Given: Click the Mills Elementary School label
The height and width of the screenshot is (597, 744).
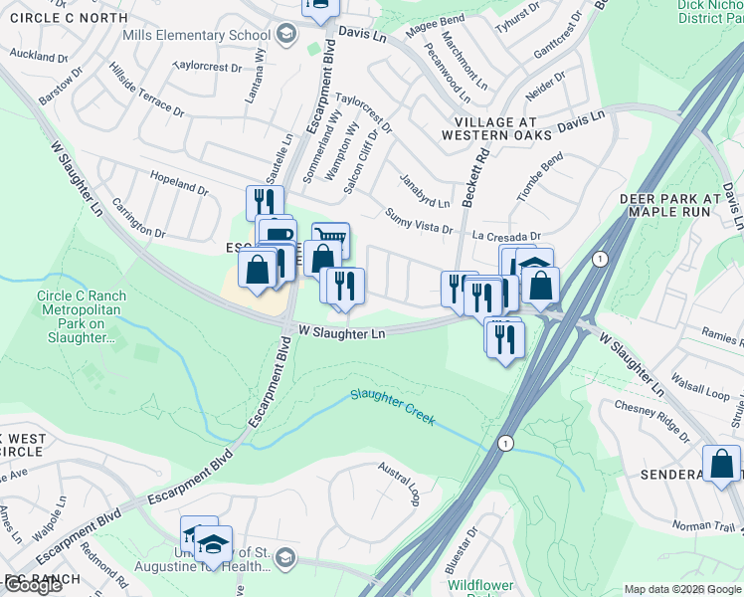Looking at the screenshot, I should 196,36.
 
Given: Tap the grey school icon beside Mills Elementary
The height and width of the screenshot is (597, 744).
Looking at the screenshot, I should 286,36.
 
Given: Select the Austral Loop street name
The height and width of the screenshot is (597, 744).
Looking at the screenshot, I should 400,482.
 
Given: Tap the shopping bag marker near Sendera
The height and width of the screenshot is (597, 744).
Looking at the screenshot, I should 721,464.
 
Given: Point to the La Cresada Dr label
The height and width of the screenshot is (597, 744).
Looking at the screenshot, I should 505,237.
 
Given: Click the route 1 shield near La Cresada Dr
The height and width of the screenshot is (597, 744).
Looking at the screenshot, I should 598,259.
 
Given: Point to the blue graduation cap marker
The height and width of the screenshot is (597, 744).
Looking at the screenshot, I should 213,543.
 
